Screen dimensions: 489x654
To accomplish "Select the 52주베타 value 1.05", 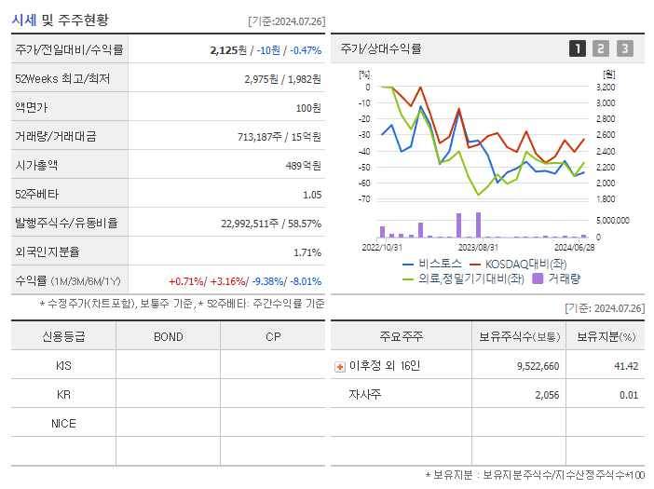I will [x=311, y=194].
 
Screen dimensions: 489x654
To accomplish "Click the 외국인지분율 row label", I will [x=47, y=251].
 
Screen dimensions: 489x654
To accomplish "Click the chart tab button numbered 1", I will [x=578, y=48].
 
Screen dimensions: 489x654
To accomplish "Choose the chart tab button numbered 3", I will [x=624, y=48].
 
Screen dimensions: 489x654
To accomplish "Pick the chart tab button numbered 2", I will [x=601, y=48].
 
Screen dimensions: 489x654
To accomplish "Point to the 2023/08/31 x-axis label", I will [x=477, y=247].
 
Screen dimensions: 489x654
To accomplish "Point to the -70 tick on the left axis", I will [x=363, y=198].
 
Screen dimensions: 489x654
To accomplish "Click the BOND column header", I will [x=168, y=336].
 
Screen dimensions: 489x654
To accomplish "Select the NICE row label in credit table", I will [x=63, y=423].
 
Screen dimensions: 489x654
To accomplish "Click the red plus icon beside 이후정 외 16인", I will [x=340, y=366].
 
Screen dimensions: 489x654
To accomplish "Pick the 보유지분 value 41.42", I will [x=626, y=366].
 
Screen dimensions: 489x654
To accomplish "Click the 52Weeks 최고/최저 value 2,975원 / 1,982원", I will [x=282, y=78].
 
